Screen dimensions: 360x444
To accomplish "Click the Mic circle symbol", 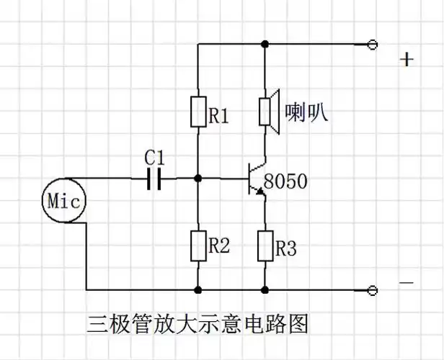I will (x=63, y=199).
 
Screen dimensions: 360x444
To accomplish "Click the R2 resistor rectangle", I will (x=197, y=246).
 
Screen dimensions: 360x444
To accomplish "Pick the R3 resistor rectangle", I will (x=265, y=246).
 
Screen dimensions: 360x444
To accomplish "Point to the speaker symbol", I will (x=267, y=112).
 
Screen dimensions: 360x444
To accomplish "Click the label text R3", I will (x=285, y=248).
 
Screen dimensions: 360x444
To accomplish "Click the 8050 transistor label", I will (x=285, y=181).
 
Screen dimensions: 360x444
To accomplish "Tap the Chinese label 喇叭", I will (x=306, y=111).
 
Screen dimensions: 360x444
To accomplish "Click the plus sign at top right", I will (x=407, y=59).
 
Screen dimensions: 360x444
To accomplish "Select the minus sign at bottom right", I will (x=407, y=283).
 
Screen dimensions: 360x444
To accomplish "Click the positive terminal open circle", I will (x=372, y=45).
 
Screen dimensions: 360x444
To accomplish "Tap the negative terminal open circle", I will (x=372, y=290).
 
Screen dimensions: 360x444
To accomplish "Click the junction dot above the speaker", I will (x=265, y=45).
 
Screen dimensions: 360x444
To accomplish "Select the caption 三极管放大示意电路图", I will (x=197, y=323).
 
